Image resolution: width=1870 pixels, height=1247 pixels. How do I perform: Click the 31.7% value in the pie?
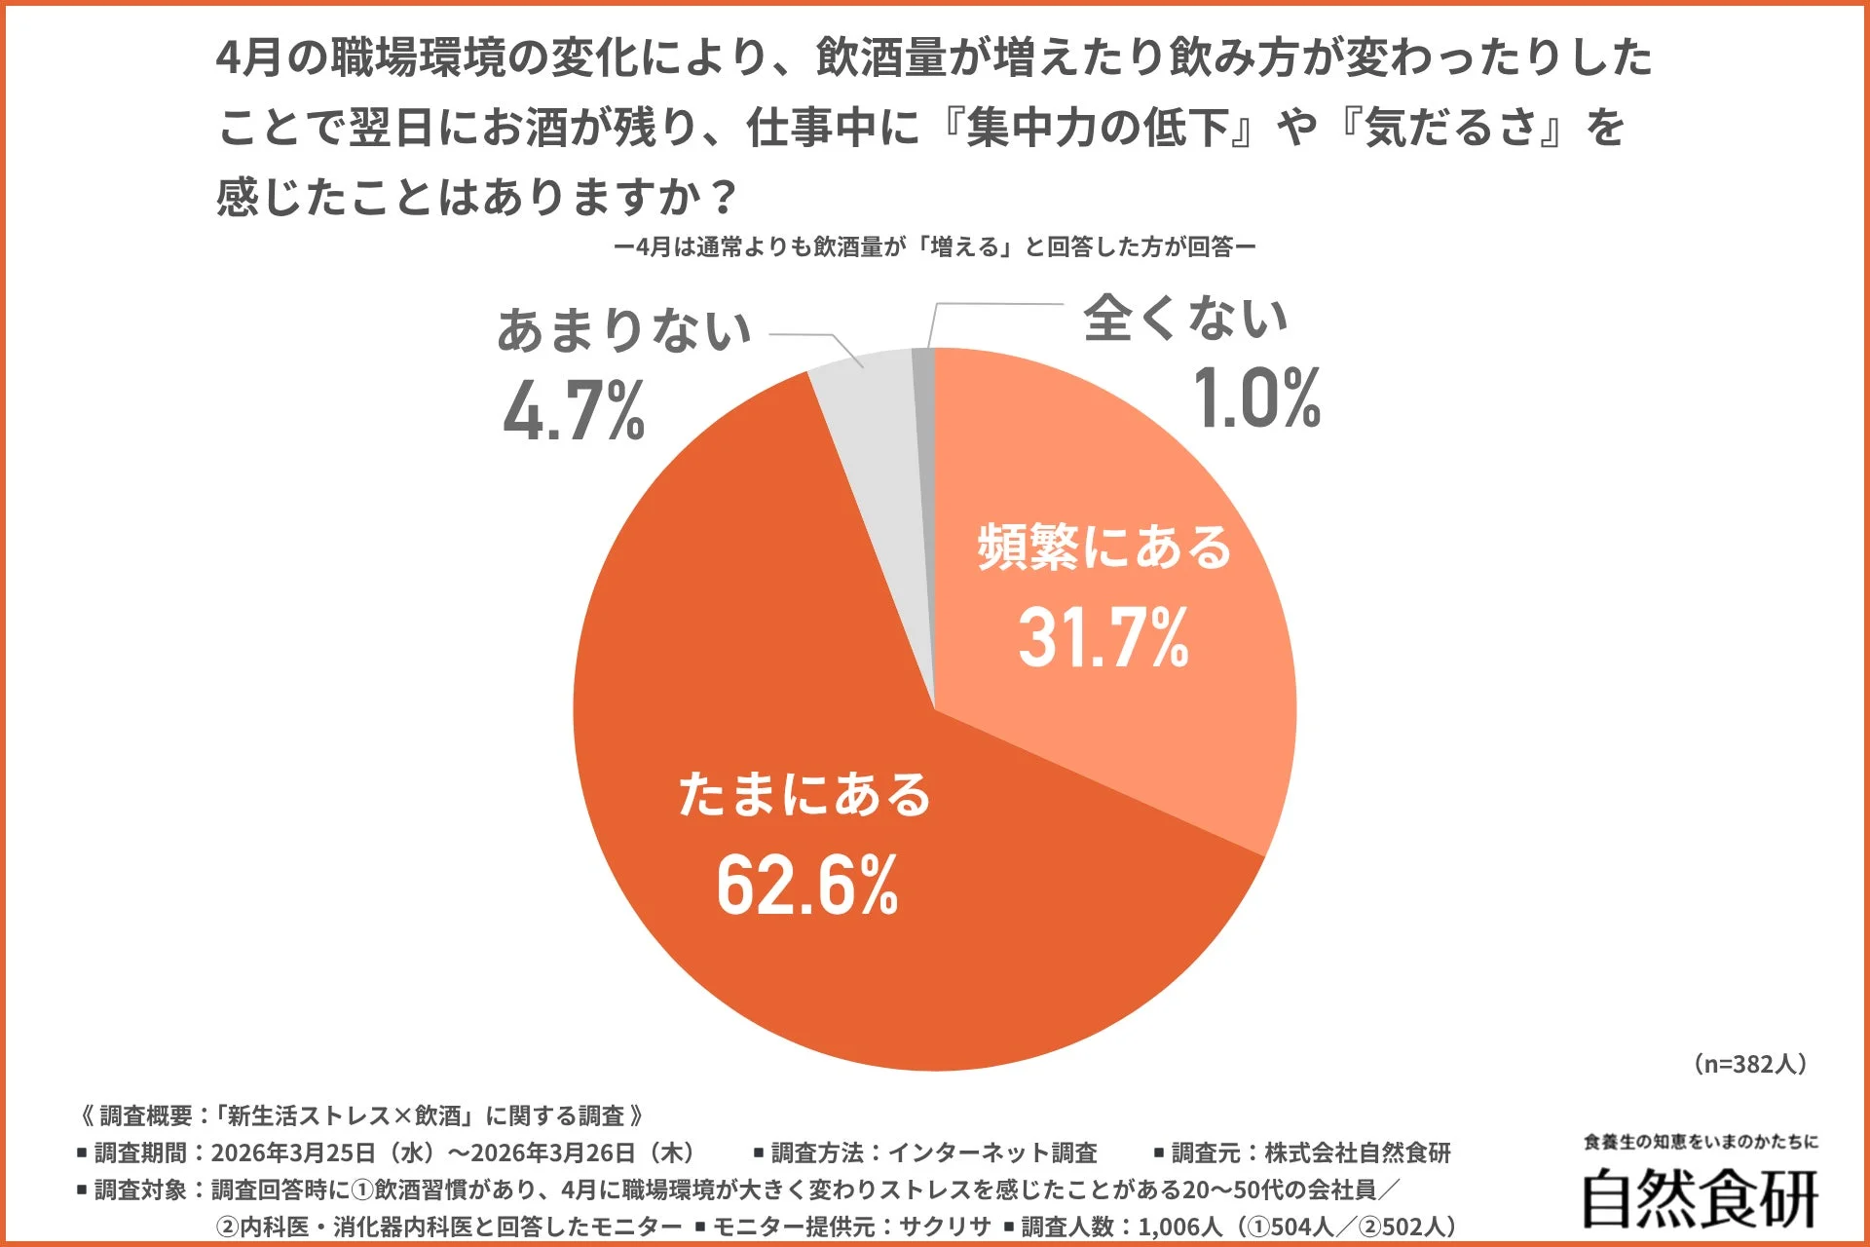1103,638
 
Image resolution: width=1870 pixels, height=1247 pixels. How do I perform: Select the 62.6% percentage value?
807,886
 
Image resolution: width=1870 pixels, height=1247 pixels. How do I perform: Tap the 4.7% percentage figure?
574,411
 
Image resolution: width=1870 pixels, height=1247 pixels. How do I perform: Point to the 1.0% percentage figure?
1256,397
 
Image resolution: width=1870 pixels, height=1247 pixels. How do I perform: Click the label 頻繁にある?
1104,547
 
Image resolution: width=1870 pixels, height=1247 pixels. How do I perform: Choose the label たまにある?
804,794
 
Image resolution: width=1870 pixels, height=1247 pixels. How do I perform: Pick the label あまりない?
624,330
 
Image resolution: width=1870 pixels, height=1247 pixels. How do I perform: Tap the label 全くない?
1185,319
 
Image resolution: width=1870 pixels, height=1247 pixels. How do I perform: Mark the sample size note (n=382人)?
1750,1063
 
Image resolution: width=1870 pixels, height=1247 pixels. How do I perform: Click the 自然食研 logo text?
1700,1198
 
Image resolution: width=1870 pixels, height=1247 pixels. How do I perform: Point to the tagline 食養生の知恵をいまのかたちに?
1701,1142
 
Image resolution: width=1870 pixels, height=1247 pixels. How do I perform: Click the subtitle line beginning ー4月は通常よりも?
935,247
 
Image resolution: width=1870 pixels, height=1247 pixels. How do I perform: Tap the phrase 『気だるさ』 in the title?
1451,128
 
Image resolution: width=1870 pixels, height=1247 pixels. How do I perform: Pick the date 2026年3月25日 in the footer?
293,1153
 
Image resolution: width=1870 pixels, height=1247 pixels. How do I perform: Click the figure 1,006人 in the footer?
1179,1227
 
